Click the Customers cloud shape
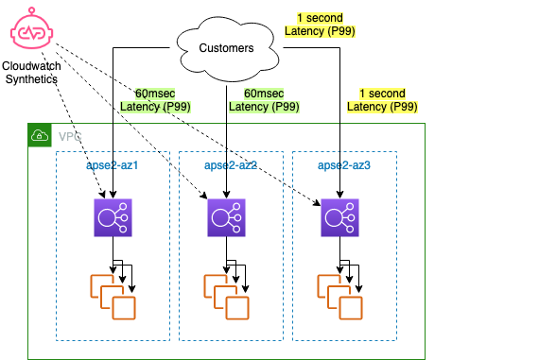226,47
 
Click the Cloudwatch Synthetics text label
31,73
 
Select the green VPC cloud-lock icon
40,135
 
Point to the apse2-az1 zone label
112,165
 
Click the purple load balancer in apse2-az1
113,216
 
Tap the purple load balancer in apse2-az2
227,217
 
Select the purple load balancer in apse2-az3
339,216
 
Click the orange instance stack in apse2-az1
113,296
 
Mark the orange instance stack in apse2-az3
339,296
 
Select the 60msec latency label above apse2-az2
264,99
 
